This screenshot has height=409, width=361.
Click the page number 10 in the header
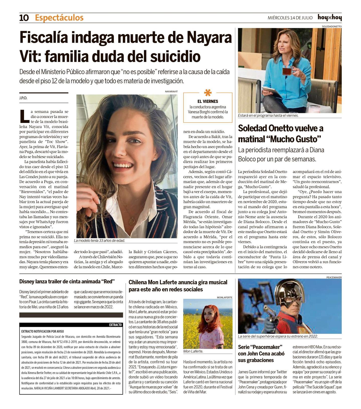click(24, 18)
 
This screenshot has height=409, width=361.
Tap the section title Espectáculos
click(59, 18)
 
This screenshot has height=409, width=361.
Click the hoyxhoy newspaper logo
click(329, 18)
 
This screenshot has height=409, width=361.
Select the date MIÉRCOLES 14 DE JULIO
click(290, 18)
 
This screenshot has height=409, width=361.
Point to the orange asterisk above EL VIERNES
click(208, 93)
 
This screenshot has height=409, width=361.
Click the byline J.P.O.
click(23, 98)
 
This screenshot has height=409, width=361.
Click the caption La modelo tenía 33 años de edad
click(100, 240)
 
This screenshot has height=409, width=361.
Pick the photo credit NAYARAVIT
click(171, 92)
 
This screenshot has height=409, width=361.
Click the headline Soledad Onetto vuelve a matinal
click(281, 133)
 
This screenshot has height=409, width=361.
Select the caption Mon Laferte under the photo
click(193, 351)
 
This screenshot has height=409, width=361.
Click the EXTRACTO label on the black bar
click(115, 325)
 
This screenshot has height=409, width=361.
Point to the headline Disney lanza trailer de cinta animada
click(67, 282)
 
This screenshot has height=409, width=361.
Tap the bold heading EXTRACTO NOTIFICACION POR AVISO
click(43, 331)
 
